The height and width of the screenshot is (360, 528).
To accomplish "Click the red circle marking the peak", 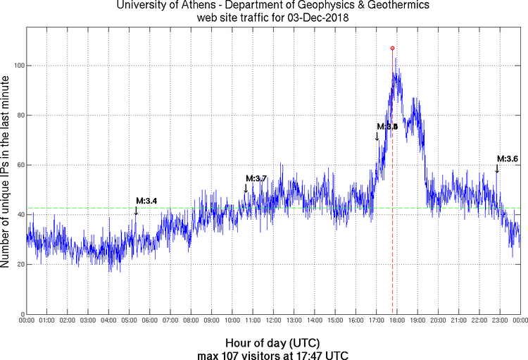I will [x=392, y=48].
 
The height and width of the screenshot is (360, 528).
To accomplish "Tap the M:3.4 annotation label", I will [x=146, y=201].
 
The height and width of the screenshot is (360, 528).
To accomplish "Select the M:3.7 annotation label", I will [x=256, y=178].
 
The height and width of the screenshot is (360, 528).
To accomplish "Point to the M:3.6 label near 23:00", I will [x=507, y=159].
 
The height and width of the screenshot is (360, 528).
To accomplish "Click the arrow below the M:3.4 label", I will [x=136, y=210].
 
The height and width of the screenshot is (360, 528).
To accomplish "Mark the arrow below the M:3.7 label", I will [x=246, y=188].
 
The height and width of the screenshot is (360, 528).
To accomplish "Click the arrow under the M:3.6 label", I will [x=496, y=168].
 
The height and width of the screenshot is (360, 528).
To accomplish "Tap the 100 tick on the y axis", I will [x=17, y=66].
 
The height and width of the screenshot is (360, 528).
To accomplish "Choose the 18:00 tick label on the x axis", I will [x=397, y=321].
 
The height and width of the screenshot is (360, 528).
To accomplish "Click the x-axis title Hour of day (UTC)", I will [x=273, y=342].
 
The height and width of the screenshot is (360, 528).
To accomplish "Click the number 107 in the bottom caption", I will [x=233, y=354].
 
